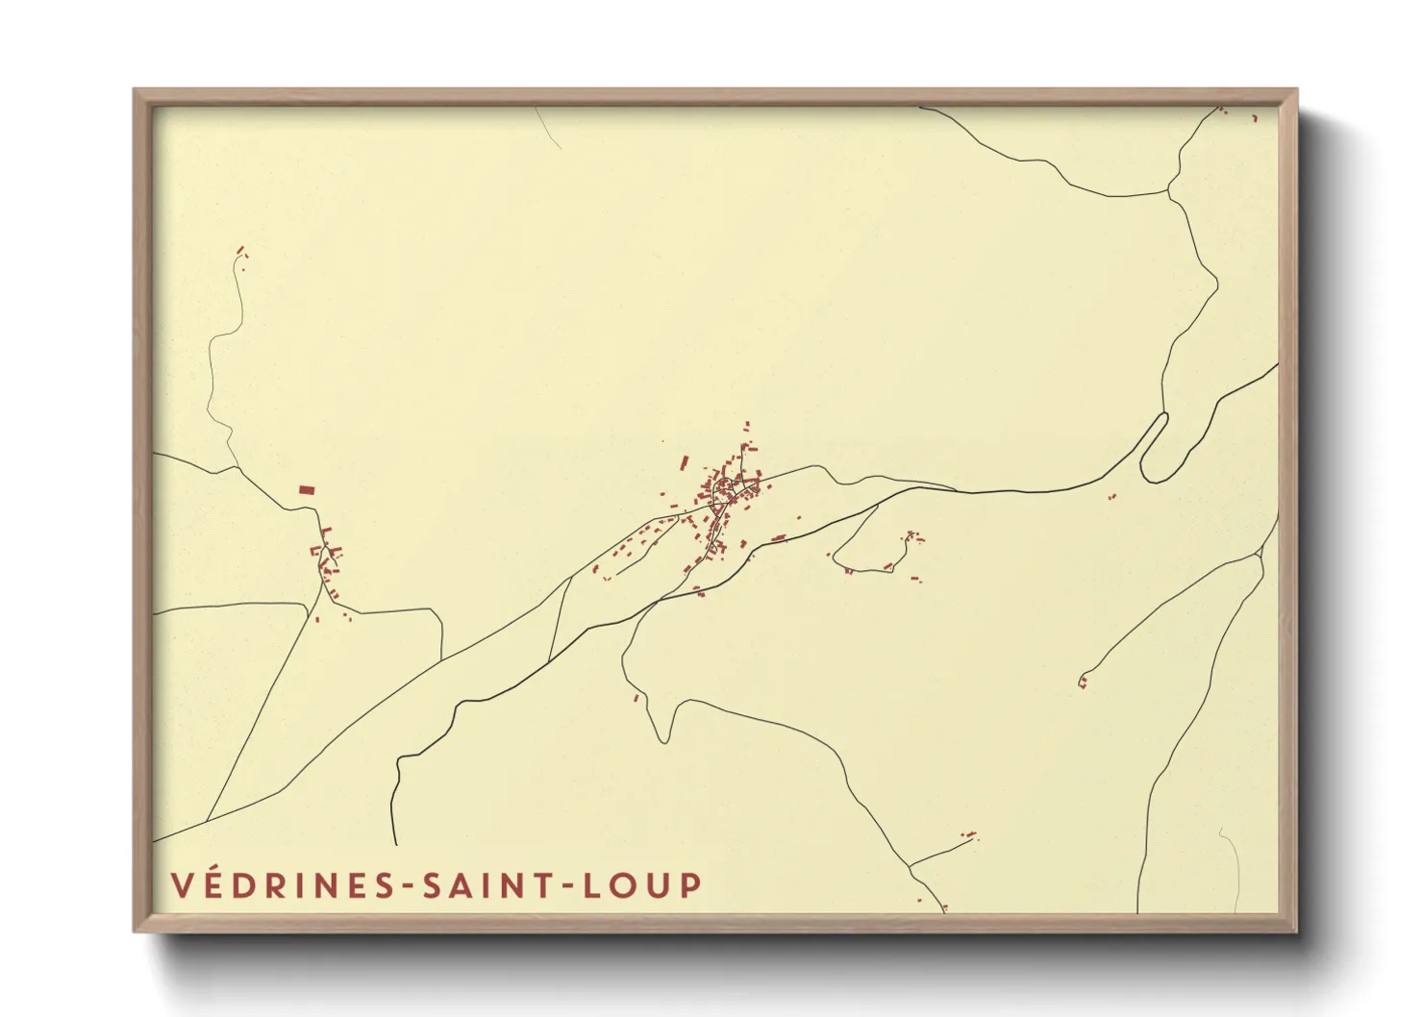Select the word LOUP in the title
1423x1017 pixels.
point(641,885)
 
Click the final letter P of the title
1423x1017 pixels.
point(690,885)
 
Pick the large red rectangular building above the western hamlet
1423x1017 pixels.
point(307,490)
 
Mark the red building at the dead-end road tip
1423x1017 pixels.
point(1083,682)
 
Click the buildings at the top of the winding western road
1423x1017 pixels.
point(240,253)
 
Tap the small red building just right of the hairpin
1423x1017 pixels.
point(1112,497)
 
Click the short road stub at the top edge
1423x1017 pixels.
point(548,127)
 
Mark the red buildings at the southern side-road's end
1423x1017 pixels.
point(969,834)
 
